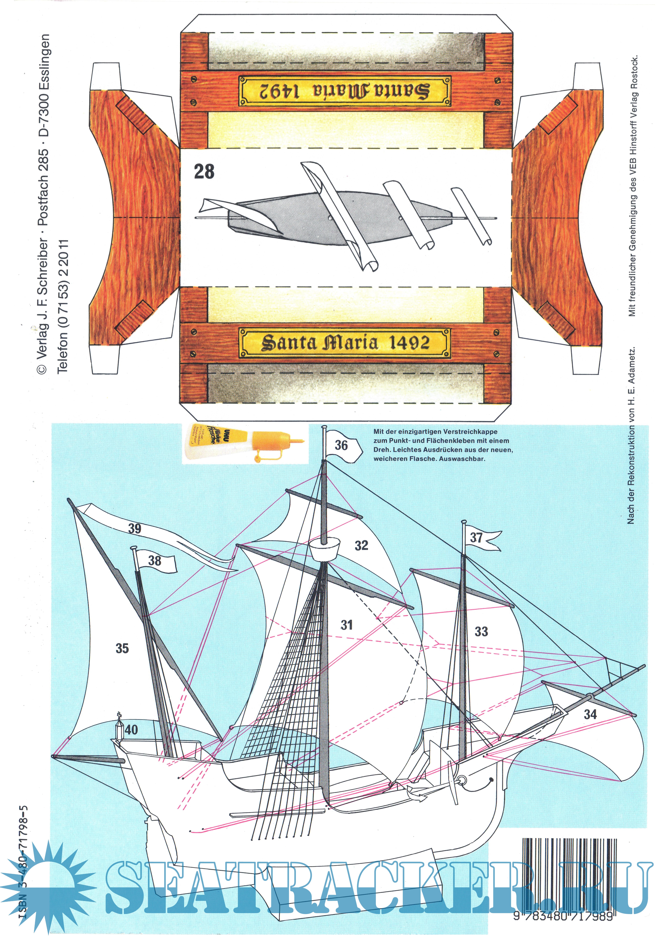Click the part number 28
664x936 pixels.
point(204,172)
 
